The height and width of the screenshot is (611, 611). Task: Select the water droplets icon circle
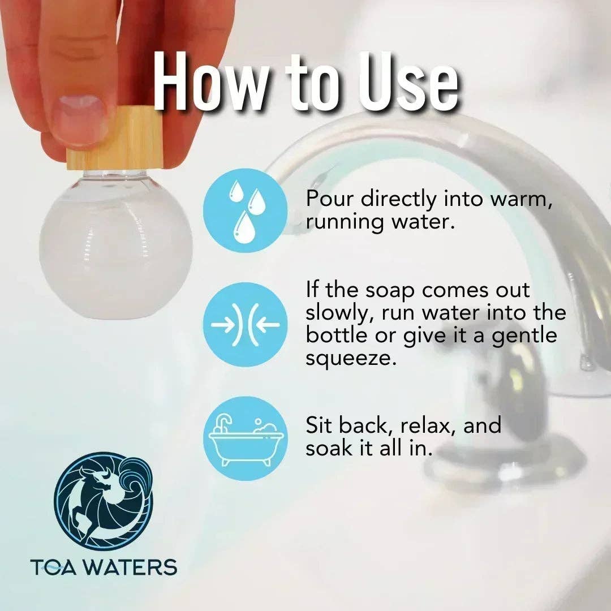(246, 210)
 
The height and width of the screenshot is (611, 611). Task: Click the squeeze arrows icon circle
(246, 325)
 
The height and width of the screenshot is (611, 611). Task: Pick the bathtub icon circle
(246, 439)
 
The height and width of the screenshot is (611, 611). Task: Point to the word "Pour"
(330, 199)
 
